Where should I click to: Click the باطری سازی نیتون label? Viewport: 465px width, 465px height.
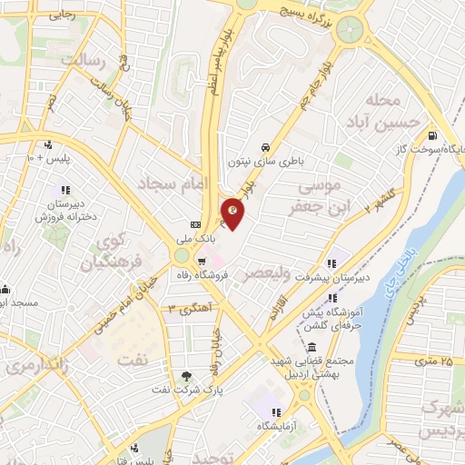(264, 162)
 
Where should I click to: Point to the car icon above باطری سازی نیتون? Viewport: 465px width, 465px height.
(264, 147)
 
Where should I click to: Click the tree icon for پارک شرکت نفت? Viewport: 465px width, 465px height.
(186, 375)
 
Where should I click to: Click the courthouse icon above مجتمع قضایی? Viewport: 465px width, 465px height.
(312, 348)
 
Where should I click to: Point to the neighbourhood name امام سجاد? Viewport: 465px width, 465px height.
(173, 184)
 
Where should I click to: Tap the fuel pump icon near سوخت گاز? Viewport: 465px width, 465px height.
(430, 133)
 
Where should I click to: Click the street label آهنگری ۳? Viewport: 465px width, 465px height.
(187, 308)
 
